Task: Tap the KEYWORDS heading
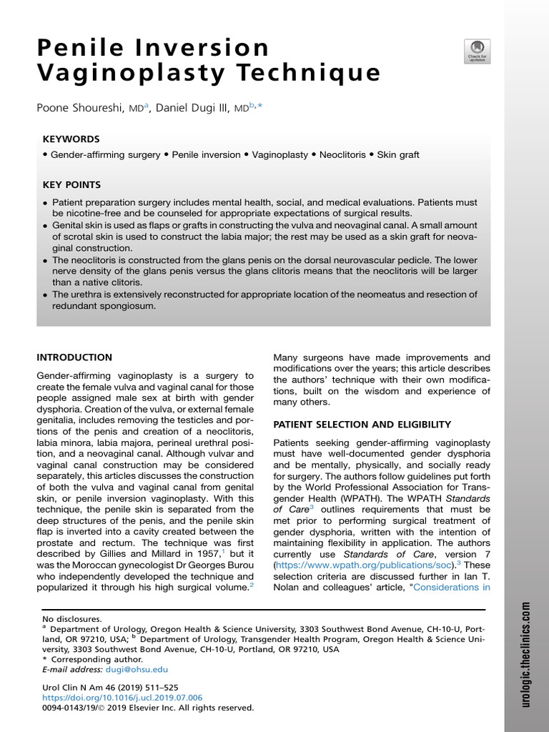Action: pos(71,139)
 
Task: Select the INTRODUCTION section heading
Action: pos(74,357)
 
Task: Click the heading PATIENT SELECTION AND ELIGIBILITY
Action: pos(362,425)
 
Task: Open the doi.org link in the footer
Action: pos(122,697)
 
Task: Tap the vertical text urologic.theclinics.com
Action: pos(525,654)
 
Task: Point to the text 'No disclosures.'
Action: pos(72,619)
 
